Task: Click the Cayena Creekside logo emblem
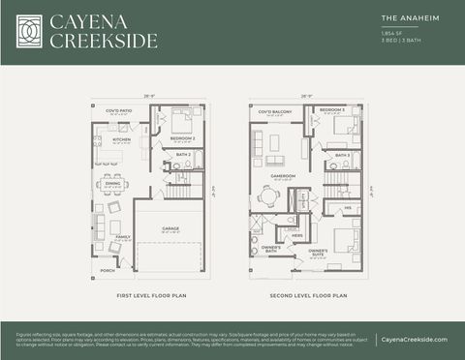(x=30, y=31)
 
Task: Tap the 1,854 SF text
(x=391, y=33)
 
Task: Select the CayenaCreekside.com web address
(x=414, y=339)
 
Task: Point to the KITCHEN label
(x=121, y=139)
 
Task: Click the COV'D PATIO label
(x=121, y=111)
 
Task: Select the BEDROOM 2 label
(x=183, y=138)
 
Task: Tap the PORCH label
(x=107, y=271)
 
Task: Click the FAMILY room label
(x=123, y=236)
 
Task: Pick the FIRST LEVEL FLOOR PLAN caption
(x=150, y=293)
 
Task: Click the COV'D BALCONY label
(x=274, y=111)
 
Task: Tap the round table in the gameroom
(x=269, y=195)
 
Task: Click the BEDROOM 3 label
(x=332, y=110)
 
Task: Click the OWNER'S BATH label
(x=271, y=248)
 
